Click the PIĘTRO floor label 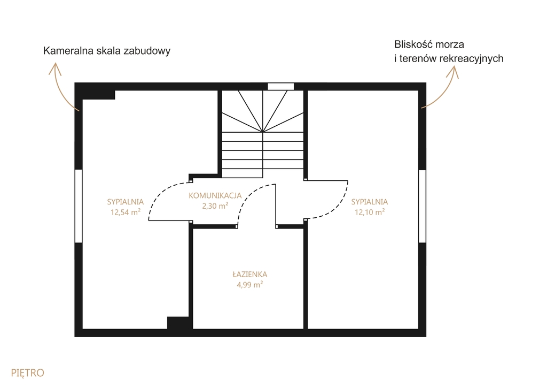[x=28, y=373]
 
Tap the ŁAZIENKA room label [x=250, y=275]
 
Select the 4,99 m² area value [x=250, y=285]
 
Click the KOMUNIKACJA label [x=215, y=195]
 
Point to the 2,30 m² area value [x=215, y=206]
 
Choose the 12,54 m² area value [x=126, y=212]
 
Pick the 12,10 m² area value [x=370, y=212]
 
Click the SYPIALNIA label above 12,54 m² [x=126, y=202]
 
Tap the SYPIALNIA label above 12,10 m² [x=370, y=202]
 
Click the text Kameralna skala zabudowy [x=107, y=51]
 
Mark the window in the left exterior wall [x=79, y=206]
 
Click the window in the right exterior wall [x=422, y=206]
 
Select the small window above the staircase [x=281, y=86]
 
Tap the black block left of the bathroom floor [x=178, y=323]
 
